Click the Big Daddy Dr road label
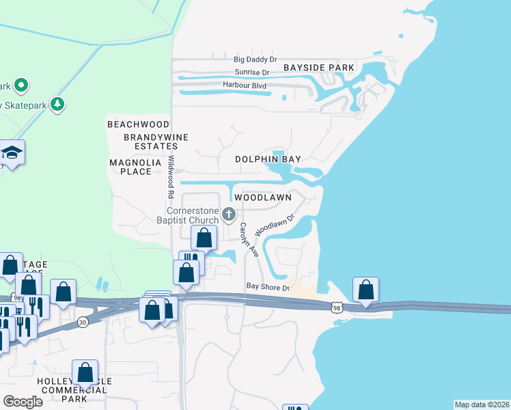click(255, 59)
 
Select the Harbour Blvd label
click(245, 85)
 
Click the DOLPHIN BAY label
click(268, 159)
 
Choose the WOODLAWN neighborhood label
click(263, 197)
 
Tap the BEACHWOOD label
click(138, 124)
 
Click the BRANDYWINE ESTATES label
click(141, 141)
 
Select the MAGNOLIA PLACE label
click(130, 167)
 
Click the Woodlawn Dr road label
click(275, 225)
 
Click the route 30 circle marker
click(83, 322)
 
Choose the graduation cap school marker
click(12, 152)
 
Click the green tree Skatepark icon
click(59, 104)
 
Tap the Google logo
click(23, 402)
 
